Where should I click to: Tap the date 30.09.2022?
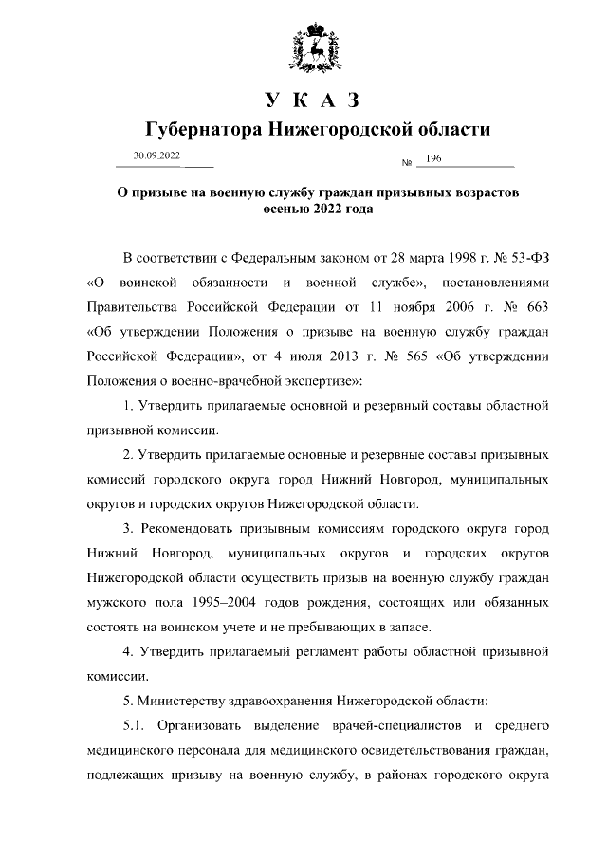[157, 155]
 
